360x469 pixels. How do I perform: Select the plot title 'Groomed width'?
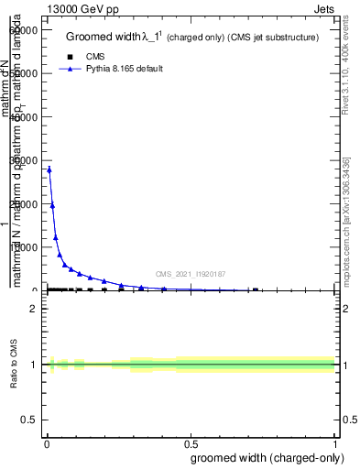[106, 38]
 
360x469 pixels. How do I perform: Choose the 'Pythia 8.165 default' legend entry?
[125, 69]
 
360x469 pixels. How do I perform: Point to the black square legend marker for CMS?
[71, 57]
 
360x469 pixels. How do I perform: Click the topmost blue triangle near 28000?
[49, 169]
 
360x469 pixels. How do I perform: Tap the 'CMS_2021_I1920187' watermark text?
[191, 274]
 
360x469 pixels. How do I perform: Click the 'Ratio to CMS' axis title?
[14, 365]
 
